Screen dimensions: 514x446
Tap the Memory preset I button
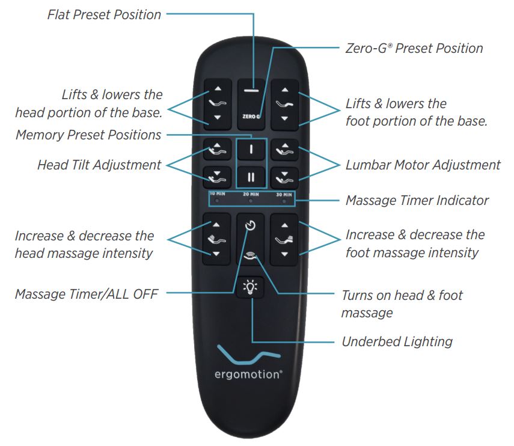(x=251, y=150)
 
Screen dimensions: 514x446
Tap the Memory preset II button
(x=251, y=177)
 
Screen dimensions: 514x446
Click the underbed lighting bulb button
(x=250, y=287)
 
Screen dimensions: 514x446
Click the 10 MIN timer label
(x=218, y=194)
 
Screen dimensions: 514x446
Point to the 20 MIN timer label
(x=251, y=194)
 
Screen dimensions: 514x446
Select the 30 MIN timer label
(x=284, y=195)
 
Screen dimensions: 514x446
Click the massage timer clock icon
(x=251, y=225)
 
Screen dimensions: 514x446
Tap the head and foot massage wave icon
(x=251, y=256)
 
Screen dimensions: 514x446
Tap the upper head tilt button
(x=218, y=150)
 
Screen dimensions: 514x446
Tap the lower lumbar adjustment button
(x=284, y=178)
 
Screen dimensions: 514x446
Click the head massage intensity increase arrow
(x=216, y=225)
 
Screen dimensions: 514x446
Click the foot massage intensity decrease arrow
(x=284, y=254)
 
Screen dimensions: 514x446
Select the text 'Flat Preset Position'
(x=104, y=15)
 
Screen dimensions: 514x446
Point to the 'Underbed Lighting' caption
(x=397, y=341)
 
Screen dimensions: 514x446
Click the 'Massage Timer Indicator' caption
(x=417, y=200)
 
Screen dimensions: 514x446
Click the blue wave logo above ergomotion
(x=249, y=354)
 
